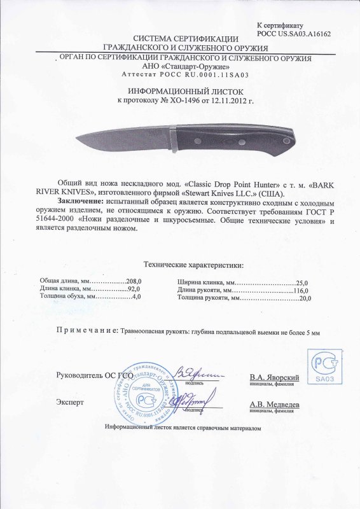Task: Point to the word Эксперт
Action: (x=69, y=403)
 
